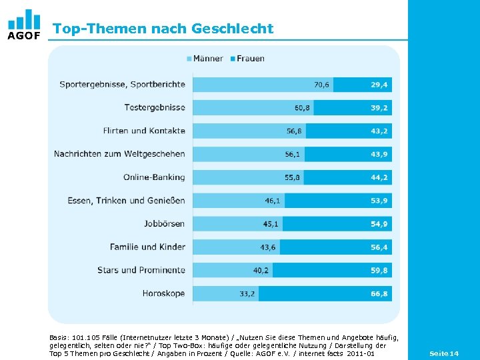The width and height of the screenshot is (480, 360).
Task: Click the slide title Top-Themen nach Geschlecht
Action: point(163,29)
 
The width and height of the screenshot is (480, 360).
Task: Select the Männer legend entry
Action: point(205,58)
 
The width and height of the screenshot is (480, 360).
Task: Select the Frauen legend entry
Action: point(247,58)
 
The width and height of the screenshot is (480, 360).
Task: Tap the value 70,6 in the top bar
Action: point(321,85)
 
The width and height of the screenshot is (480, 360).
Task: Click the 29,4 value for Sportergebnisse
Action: point(379,85)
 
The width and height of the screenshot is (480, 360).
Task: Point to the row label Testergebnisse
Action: point(154,107)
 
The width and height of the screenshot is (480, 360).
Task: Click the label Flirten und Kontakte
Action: point(144,131)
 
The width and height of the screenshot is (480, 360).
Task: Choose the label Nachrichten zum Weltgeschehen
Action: point(119,154)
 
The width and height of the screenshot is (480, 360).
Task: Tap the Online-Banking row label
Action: point(154,177)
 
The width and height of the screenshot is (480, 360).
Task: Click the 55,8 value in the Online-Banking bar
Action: point(292,177)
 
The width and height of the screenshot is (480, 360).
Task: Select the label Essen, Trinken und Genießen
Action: point(126,201)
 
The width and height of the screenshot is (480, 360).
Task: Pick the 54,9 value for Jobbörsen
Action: point(379,224)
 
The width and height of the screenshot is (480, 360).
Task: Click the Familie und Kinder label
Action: point(147,247)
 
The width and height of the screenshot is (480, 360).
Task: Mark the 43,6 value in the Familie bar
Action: point(268,247)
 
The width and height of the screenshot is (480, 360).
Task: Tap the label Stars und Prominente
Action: point(141,270)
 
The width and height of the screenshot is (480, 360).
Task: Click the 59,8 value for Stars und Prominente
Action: point(379,271)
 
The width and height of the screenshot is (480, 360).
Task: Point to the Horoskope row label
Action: point(163,293)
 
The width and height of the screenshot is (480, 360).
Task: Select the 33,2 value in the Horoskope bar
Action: point(247,294)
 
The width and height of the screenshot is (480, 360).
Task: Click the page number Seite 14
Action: point(444,353)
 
